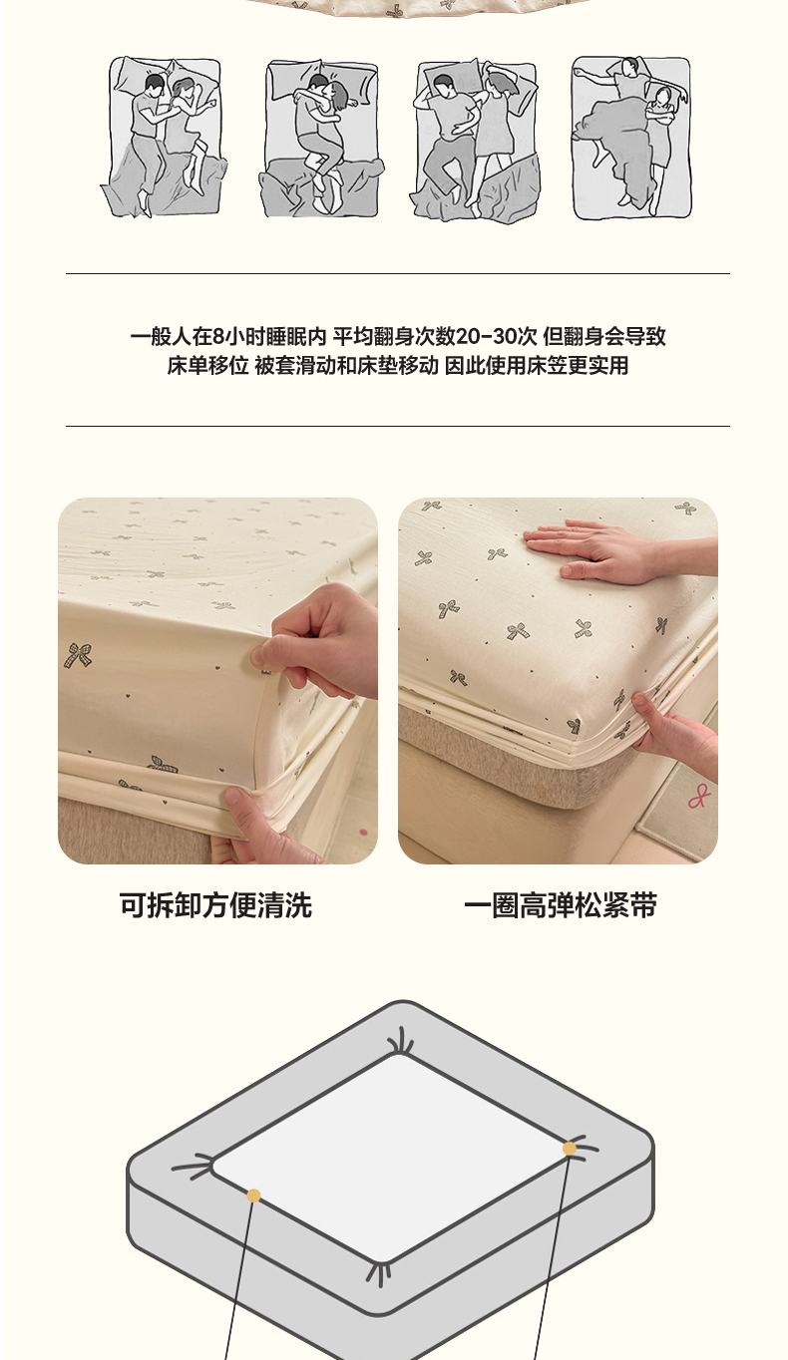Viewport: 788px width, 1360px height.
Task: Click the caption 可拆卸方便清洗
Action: coord(215,905)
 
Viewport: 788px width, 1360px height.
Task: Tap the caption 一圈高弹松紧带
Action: coord(561,905)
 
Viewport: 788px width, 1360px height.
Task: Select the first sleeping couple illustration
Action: coord(164,138)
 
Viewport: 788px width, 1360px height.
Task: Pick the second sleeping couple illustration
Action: coord(321,139)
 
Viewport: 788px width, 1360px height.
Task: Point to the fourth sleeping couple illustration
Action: coord(631,139)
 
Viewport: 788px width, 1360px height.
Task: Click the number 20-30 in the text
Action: coord(496,336)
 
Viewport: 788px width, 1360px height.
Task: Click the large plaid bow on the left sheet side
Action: coord(78,657)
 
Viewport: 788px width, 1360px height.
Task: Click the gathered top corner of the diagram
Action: coord(401,1043)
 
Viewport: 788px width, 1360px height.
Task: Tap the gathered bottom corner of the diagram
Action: coord(379,1272)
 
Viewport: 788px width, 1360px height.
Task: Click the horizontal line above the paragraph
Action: coord(397,274)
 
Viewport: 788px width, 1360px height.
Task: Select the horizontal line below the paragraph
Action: coord(397,426)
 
